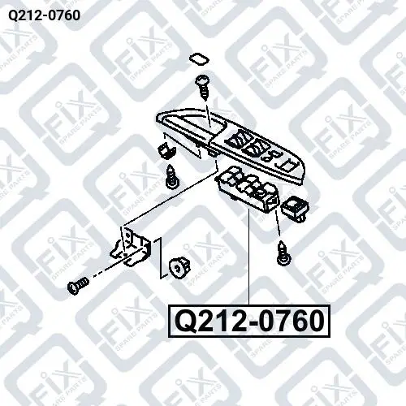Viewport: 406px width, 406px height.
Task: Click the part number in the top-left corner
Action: [44, 15]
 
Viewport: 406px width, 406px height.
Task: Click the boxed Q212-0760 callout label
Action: [249, 322]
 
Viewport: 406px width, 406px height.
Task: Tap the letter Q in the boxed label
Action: [186, 322]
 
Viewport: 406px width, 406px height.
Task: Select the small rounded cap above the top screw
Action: [199, 60]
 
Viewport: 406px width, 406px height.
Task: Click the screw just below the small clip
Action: [172, 177]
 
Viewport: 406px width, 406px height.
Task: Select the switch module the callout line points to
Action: [248, 190]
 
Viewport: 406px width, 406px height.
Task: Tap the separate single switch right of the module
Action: [296, 209]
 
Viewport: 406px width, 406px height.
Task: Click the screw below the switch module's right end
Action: [283, 253]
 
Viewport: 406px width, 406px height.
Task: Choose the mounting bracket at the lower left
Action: [132, 247]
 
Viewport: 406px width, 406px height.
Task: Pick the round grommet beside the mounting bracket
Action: [179, 268]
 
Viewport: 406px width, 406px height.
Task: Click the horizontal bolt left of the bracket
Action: [78, 286]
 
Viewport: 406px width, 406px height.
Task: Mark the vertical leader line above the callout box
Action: [248, 257]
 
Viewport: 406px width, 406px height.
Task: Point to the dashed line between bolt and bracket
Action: [110, 270]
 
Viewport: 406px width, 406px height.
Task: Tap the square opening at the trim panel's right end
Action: [287, 166]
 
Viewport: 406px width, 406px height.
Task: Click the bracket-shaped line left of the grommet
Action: [161, 257]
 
